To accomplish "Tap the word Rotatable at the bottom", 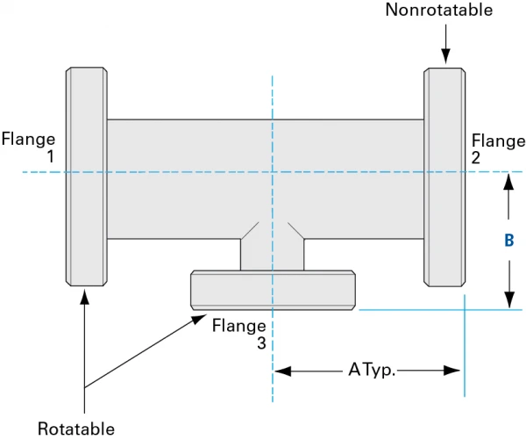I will coord(76,429).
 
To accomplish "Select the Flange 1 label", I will coord(29,147).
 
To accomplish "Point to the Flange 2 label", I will coord(498,149).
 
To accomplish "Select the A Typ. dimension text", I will coord(372,371).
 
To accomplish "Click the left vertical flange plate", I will coord(86,176).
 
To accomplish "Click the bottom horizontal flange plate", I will coord(274,289).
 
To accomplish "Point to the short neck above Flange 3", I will coord(273,254).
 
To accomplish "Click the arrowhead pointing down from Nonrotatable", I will coord(445,58).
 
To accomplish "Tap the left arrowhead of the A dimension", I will coord(281,371).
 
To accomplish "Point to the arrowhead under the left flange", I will coord(85,295).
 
